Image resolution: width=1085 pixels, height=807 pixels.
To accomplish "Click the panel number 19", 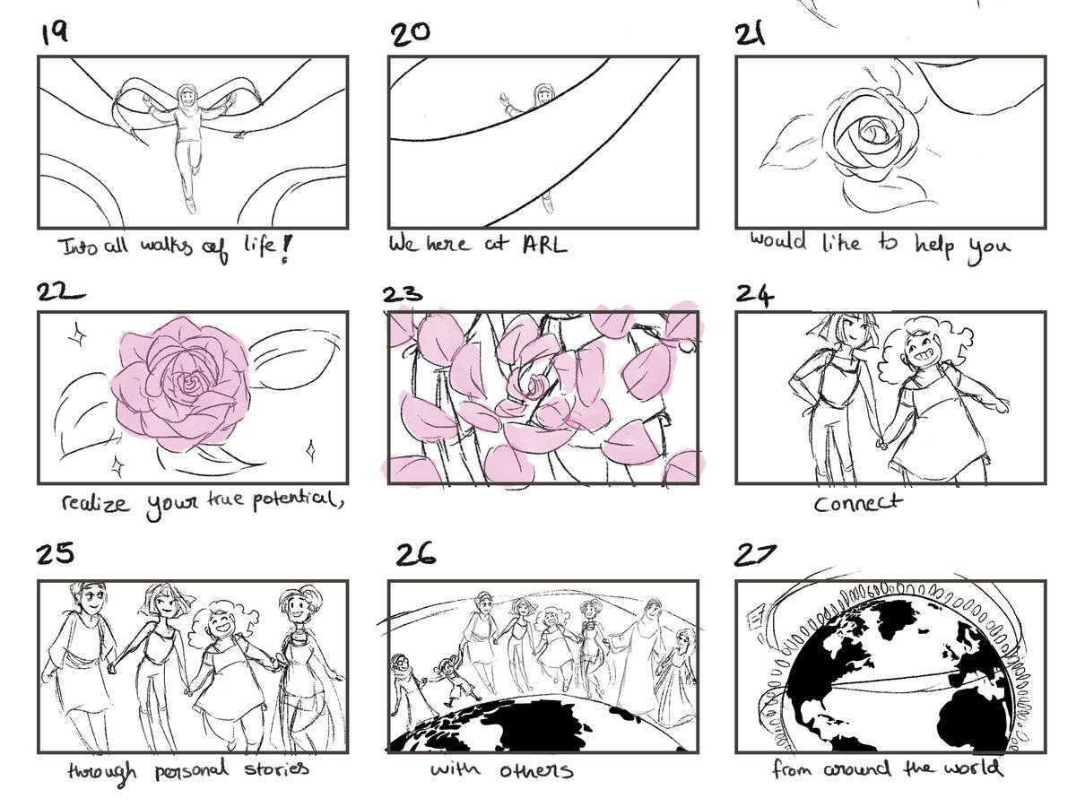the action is coord(55,33).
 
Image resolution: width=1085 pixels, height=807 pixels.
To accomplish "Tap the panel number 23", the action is coord(403,294).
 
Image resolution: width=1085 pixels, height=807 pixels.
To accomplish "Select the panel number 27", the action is coord(755,555).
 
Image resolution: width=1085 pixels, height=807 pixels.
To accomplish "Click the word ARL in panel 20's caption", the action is coord(545,244).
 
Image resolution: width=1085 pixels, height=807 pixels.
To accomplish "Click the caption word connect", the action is coord(857,503).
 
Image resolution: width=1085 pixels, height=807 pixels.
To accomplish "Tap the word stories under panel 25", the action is coord(276,768).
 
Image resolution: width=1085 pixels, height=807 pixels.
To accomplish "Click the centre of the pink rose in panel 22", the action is coord(187,385).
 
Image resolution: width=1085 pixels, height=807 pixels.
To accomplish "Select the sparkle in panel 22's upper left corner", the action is coord(77,334).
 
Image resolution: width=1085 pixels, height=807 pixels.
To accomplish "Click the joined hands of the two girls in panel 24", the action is coord(881,444).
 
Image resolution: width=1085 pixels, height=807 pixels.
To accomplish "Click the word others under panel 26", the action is coord(535,771).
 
